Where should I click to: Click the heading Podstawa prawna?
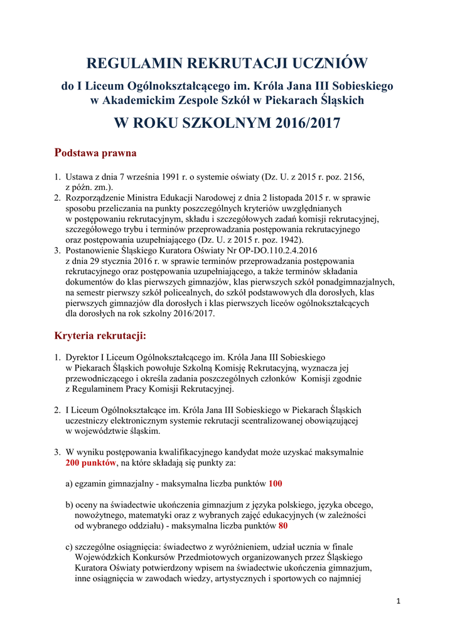point(95,152)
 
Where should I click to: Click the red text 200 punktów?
point(91,463)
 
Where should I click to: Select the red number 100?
point(276,483)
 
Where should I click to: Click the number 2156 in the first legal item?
point(351,177)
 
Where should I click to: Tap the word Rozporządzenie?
point(95,198)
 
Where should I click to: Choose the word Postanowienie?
point(94,250)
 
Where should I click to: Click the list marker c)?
point(70,547)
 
